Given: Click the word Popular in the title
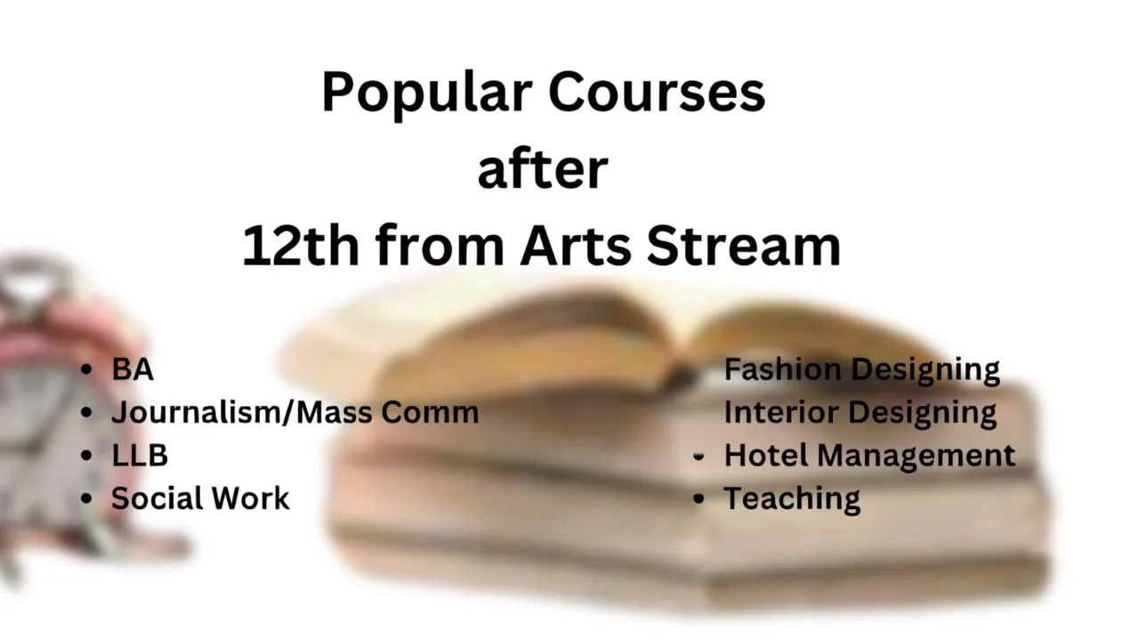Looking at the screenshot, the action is [x=427, y=94].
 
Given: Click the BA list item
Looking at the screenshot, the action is [x=133, y=369].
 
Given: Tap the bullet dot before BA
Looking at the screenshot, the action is [x=86, y=369].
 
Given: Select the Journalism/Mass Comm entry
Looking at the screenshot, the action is [x=295, y=412].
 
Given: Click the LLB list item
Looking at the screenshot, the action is [x=140, y=455].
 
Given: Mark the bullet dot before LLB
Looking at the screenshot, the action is [x=86, y=455].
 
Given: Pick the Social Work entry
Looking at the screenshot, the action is [x=200, y=498].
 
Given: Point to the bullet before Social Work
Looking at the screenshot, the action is [x=86, y=499].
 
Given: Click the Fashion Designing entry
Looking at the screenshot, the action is [x=862, y=370].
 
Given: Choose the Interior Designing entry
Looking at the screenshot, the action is [x=860, y=413].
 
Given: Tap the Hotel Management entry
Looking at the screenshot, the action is [x=870, y=455].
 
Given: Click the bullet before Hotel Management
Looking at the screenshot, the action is [x=699, y=457].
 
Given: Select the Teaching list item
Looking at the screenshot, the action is [x=792, y=499].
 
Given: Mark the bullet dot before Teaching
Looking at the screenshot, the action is [x=699, y=499].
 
